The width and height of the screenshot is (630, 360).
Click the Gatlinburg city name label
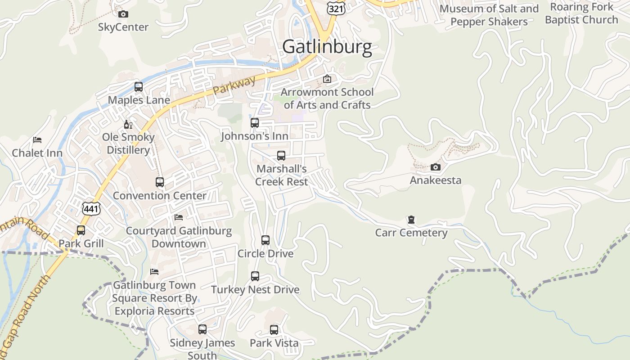[327, 47]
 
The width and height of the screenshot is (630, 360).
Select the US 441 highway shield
[91, 208]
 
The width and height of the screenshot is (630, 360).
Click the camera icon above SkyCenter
[123, 14]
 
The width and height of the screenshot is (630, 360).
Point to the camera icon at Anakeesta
[435, 167]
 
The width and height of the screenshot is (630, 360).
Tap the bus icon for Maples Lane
[139, 87]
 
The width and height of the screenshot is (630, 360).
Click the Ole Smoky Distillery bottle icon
[128, 124]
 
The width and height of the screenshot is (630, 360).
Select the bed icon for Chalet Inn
[37, 140]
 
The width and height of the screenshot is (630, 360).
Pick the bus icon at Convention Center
[160, 182]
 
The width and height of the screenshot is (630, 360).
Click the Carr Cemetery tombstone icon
[411, 220]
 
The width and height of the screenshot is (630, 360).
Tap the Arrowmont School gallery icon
[327, 79]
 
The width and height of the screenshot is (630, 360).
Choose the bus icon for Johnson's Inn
[255, 123]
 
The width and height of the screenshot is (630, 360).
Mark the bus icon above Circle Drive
[265, 240]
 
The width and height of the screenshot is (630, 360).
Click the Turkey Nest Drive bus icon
[255, 276]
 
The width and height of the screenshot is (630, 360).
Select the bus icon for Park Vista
[274, 330]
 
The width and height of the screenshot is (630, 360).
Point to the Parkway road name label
[234, 85]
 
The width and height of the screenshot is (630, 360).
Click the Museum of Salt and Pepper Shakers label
[489, 15]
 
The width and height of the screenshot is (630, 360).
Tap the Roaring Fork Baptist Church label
[581, 13]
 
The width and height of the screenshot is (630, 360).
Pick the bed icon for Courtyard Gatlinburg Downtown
[179, 217]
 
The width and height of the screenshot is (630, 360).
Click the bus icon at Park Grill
[81, 230]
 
